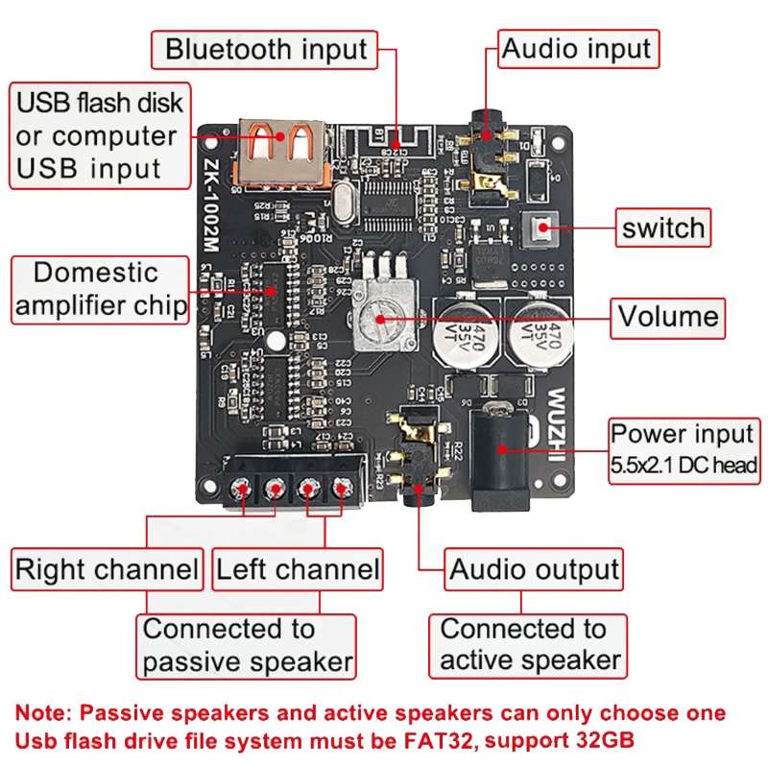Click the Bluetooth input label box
coord(266,49)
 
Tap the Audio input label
coord(577,49)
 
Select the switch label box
coord(662,228)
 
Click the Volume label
coord(668,316)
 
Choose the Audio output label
coord(535,570)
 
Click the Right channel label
coord(107,569)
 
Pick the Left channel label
coord(298,569)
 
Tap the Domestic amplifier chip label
coord(100,288)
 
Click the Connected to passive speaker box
coord(248,646)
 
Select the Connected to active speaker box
coord(529,646)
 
